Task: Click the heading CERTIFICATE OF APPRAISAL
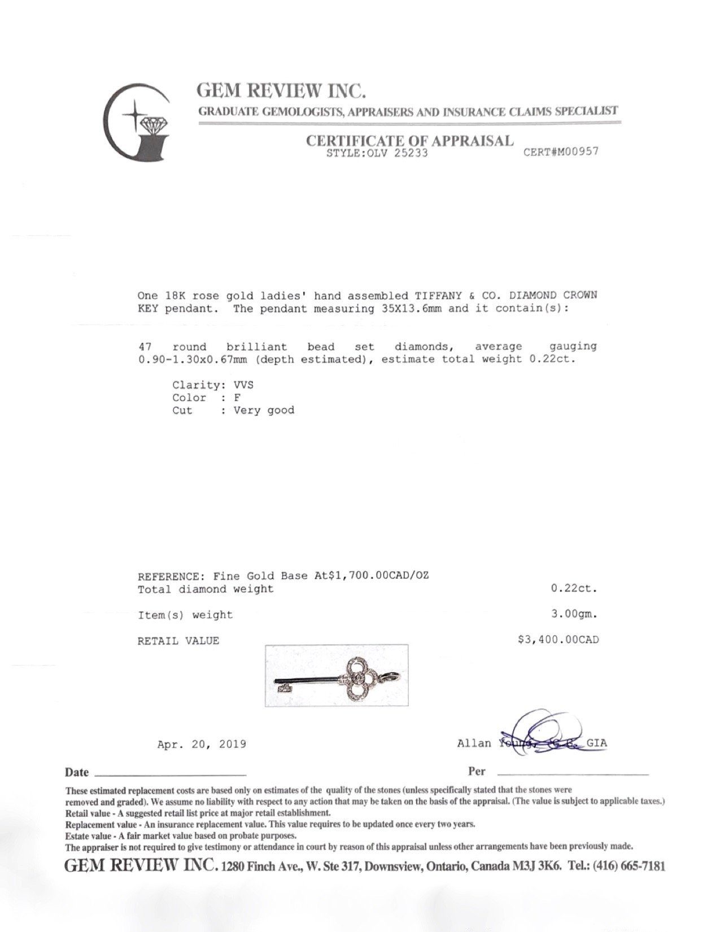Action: pyautogui.click(x=410, y=141)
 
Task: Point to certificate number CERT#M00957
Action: pyautogui.click(x=561, y=151)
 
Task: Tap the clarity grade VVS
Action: pyautogui.click(x=244, y=385)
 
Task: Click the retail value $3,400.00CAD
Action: pyautogui.click(x=558, y=640)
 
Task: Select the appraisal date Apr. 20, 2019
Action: pyautogui.click(x=202, y=744)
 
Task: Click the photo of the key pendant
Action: pyautogui.click(x=337, y=675)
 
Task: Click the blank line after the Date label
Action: pyautogui.click(x=169, y=773)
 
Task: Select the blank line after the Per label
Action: pyautogui.click(x=570, y=773)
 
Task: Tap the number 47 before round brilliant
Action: pyautogui.click(x=145, y=347)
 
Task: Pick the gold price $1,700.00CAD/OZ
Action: pyautogui.click(x=375, y=576)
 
